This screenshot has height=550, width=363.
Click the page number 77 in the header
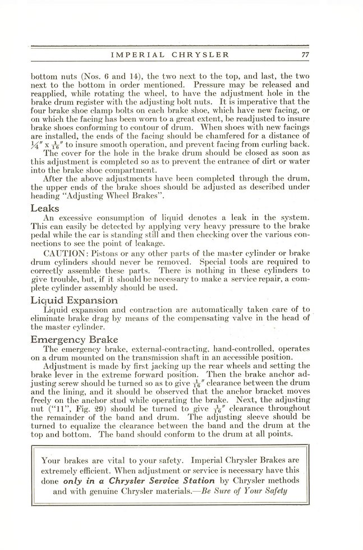tap(305, 54)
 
